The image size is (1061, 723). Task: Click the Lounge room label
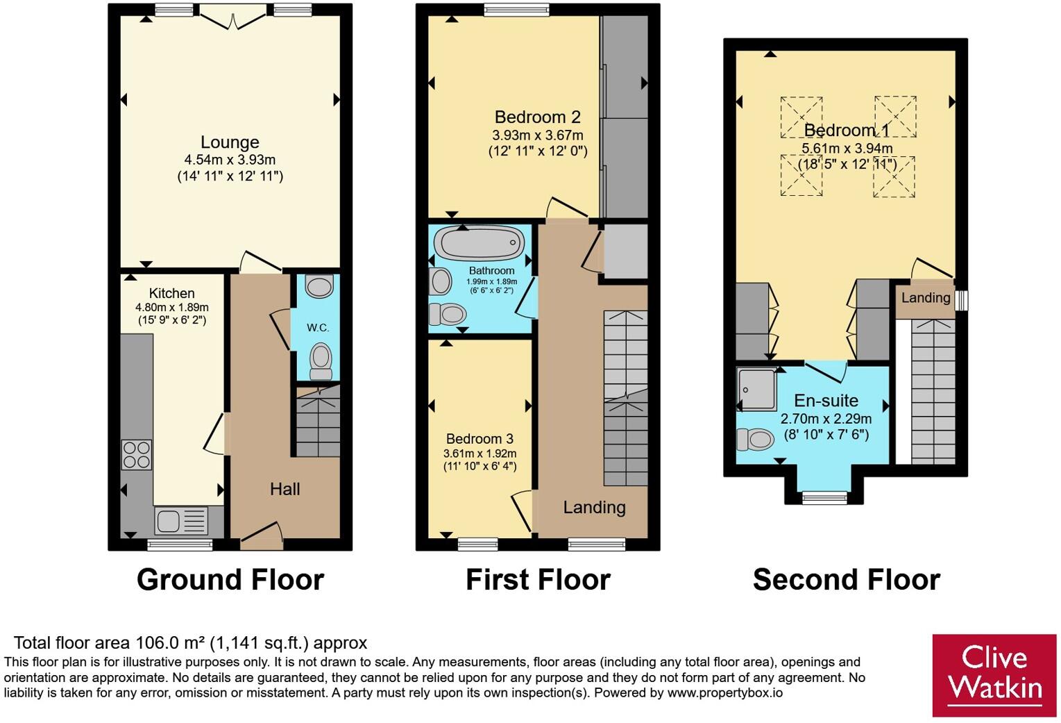(230, 142)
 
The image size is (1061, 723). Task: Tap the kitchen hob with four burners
(137, 455)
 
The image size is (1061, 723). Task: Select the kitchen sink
(181, 521)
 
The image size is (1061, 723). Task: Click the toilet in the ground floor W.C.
(321, 361)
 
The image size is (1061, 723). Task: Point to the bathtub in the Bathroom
(482, 243)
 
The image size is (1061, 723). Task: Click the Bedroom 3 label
(479, 438)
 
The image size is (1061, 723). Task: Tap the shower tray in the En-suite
(757, 388)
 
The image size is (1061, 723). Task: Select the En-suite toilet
(756, 439)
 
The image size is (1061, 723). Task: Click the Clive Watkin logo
(994, 675)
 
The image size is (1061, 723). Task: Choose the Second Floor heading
(847, 579)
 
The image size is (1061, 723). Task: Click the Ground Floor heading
(230, 579)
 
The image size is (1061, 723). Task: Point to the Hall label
(285, 489)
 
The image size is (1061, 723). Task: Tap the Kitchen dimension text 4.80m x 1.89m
(172, 307)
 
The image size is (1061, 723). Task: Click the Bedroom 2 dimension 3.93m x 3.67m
(538, 135)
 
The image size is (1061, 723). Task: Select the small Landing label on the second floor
(926, 298)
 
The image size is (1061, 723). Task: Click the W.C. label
(317, 328)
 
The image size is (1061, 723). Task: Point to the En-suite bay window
(824, 497)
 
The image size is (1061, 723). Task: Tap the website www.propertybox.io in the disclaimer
(724, 692)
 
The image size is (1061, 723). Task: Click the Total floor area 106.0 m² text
(190, 643)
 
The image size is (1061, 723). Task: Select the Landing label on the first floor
(594, 507)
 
